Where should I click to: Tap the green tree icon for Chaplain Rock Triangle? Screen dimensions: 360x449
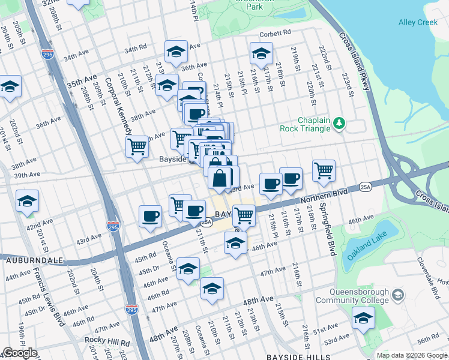coord(340,123)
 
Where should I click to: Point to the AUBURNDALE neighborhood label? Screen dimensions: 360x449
coord(30,260)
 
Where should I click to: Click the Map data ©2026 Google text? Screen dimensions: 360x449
coord(412,355)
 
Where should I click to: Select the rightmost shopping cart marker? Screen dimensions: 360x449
coord(324,170)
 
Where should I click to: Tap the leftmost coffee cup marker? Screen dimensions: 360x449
coord(150,215)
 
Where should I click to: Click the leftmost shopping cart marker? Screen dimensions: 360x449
coord(137,145)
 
